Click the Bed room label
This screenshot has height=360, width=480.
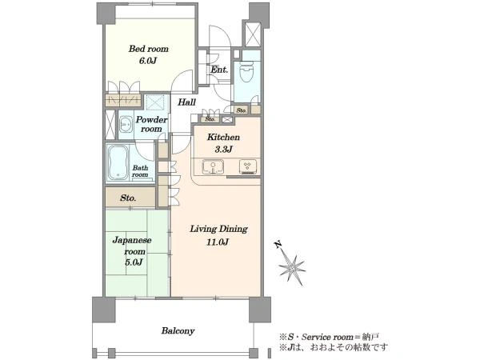tap(148, 49)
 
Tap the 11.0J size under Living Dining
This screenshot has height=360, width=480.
tap(218, 242)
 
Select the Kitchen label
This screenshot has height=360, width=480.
tap(223, 137)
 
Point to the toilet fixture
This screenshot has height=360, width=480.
tap(246, 73)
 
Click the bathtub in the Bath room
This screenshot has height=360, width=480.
tap(118, 162)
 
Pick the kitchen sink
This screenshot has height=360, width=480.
tap(213, 167)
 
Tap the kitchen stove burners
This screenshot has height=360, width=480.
tap(248, 167)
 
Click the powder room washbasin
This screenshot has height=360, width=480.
tap(126, 125)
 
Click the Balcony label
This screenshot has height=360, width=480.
tap(178, 331)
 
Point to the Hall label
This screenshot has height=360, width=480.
tap(186, 102)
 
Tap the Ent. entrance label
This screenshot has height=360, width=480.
tap(219, 70)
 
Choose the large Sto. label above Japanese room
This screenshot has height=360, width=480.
tap(128, 198)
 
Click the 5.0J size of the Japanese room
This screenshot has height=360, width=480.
tap(134, 262)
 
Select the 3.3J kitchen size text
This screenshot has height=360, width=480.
tap(223, 150)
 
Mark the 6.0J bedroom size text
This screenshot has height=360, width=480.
tap(148, 61)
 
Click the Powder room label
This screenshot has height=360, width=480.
tap(151, 124)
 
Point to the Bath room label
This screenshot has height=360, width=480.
tap(140, 171)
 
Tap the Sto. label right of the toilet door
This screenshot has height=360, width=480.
tap(242, 110)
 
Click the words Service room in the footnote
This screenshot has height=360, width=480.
tap(327, 338)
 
